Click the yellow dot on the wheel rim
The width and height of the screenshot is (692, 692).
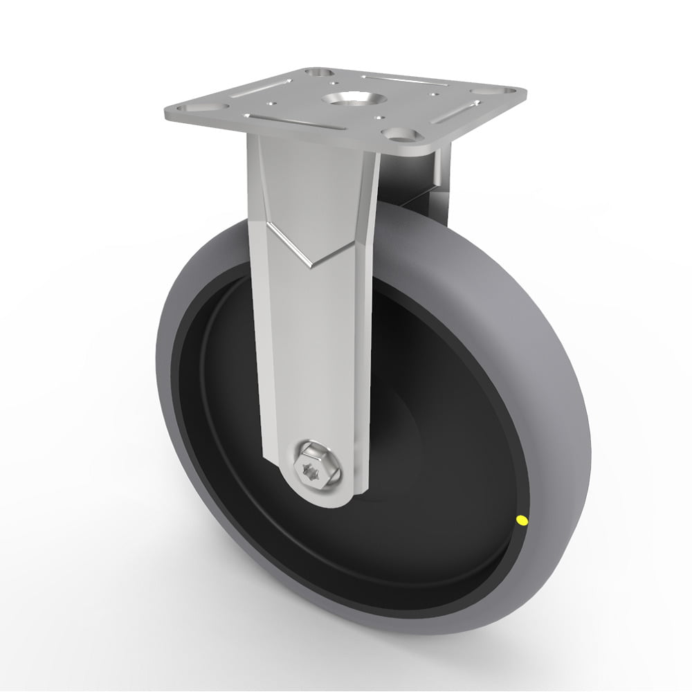tap(520, 519)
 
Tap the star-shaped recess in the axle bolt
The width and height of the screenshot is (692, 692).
tap(309, 469)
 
